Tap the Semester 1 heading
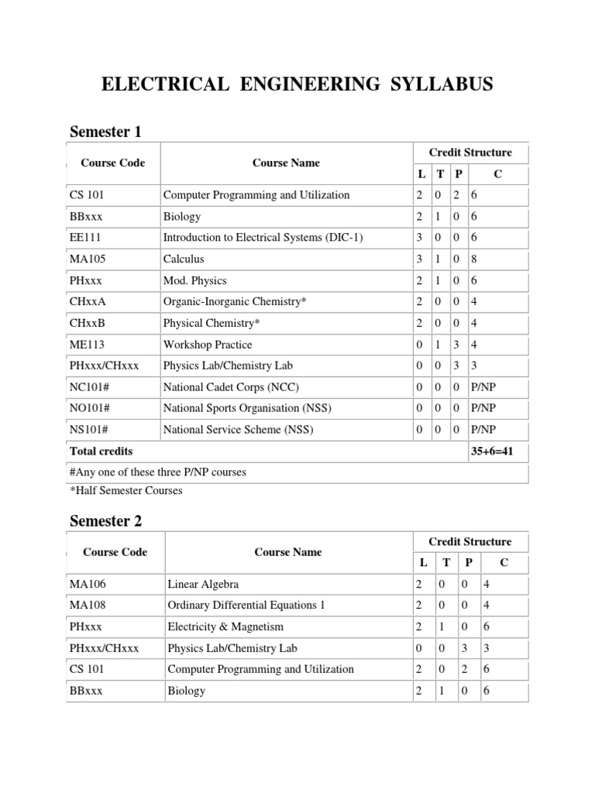105,132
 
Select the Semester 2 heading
105,521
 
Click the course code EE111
84,238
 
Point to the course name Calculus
184,259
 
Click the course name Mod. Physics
194,280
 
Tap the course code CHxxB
86,323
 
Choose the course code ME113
84,345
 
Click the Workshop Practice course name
207,345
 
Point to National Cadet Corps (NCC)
231,386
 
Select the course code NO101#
89,408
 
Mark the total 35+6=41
497,451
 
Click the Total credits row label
101,451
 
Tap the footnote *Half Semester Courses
126,490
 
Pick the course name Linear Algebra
203,584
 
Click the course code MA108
86,605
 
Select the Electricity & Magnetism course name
225,627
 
